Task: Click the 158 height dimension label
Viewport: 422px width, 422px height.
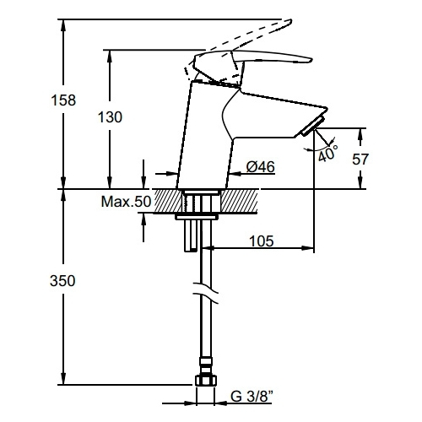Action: (63, 100)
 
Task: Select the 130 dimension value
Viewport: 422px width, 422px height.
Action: (110, 117)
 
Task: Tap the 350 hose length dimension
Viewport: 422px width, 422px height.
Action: (62, 281)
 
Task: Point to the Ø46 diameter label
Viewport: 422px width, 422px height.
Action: (261, 167)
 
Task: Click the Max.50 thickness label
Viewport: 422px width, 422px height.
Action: (126, 202)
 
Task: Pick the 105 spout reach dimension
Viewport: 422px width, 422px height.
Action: (262, 241)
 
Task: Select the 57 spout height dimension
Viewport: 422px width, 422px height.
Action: (360, 160)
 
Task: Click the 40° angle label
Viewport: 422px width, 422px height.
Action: (327, 154)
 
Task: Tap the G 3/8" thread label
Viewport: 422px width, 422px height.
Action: (252, 397)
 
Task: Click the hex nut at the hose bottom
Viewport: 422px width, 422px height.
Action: (206, 381)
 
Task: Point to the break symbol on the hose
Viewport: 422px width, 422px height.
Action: (206, 293)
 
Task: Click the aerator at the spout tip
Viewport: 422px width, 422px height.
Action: (312, 127)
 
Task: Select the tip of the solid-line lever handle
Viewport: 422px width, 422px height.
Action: (311, 60)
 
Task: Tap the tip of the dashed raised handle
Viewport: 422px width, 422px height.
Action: (291, 21)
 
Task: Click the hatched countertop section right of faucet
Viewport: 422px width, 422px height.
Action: (240, 202)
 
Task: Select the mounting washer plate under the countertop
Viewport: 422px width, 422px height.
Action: (197, 217)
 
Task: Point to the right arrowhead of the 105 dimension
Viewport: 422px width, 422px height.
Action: (307, 248)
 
